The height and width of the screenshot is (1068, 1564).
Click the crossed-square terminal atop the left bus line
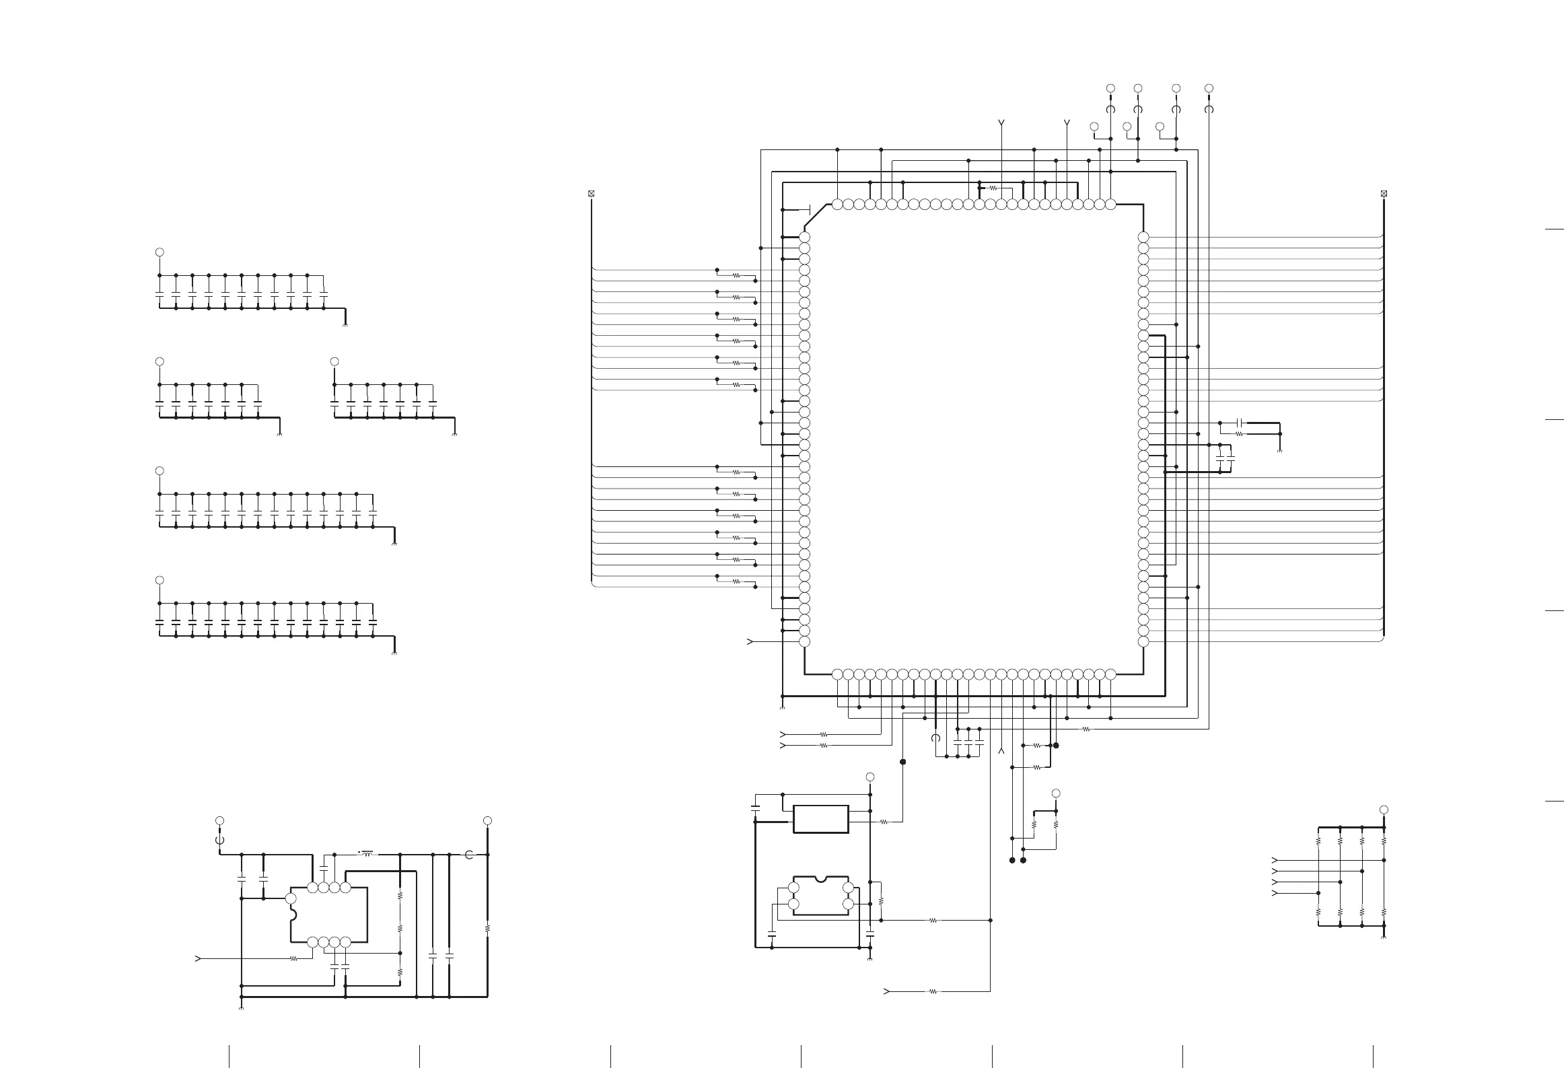click(x=592, y=194)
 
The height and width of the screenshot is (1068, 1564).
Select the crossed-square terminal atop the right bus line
click(x=1384, y=194)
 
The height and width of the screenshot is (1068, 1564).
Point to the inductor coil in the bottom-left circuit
click(x=367, y=853)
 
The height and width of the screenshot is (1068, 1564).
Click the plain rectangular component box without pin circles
click(x=820, y=819)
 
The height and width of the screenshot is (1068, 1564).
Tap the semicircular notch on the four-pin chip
click(x=820, y=880)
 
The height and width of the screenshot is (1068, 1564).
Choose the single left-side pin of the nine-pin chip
click(x=291, y=898)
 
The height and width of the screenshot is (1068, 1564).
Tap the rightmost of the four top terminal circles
click(x=1209, y=88)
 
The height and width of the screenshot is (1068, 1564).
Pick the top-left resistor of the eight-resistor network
click(x=1318, y=841)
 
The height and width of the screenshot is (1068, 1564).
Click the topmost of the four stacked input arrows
click(x=1274, y=860)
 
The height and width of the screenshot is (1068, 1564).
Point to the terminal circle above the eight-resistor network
click(x=1384, y=810)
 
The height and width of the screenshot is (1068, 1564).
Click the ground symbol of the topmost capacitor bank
click(x=345, y=326)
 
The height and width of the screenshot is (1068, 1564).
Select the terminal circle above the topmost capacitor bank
click(x=159, y=252)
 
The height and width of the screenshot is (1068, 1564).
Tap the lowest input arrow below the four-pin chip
click(x=886, y=991)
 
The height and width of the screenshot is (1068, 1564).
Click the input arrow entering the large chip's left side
click(x=750, y=642)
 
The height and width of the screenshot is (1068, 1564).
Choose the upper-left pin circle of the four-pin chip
click(x=793, y=888)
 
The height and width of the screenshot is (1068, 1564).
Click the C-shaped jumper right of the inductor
click(x=469, y=855)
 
